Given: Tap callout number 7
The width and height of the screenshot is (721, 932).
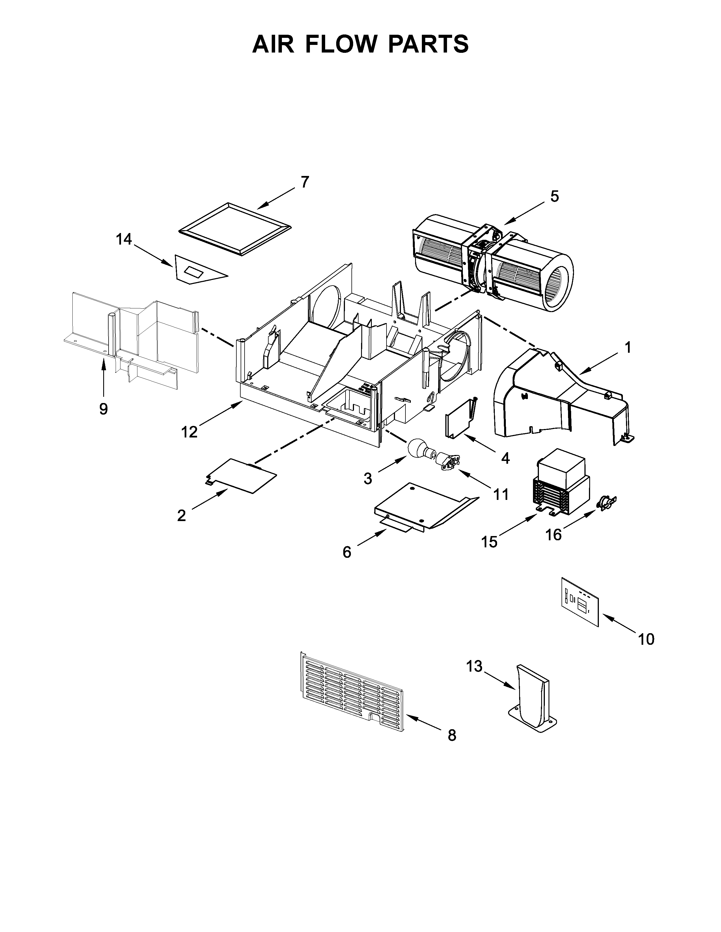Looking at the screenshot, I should coord(304,182).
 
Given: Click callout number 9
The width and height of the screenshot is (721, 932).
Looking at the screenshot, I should coord(103,409).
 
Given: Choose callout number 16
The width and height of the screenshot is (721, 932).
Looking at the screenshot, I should coord(554,534).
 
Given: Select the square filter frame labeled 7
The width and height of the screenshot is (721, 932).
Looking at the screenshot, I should coord(235,229).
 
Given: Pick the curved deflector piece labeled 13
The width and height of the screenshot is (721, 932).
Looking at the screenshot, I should coord(532,700).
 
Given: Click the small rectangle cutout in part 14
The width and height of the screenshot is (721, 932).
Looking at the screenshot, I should coord(194,271).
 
